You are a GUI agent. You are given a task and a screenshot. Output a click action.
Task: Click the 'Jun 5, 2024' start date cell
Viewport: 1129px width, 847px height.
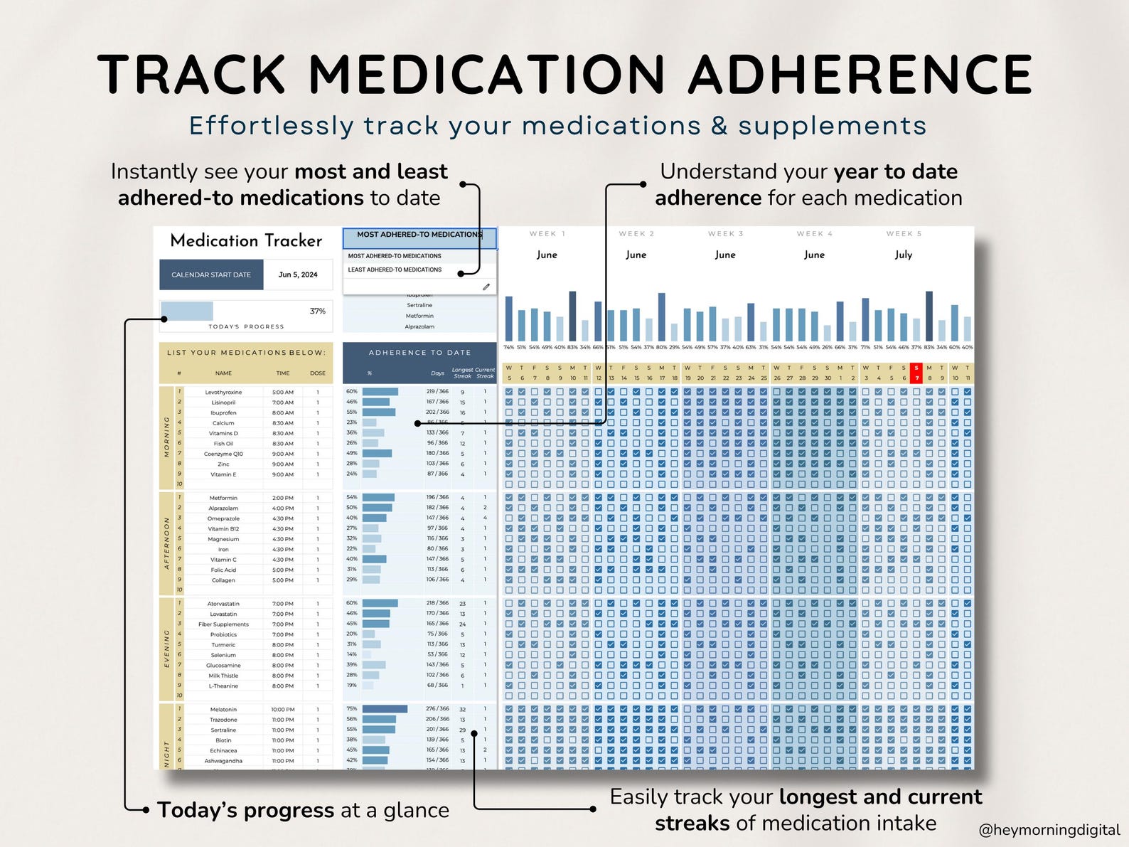coord(298,275)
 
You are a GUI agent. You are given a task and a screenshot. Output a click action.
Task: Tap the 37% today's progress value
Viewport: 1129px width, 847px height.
coord(318,311)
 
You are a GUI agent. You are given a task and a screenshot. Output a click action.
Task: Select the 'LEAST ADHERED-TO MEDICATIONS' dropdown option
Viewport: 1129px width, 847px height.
coord(395,270)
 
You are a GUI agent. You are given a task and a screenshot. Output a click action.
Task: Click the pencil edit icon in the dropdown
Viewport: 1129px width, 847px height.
coord(486,287)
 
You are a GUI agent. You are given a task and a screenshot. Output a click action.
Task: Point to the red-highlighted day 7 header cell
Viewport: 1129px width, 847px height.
coord(916,373)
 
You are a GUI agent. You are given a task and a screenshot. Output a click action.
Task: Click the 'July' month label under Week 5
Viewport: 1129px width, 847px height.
coord(903,255)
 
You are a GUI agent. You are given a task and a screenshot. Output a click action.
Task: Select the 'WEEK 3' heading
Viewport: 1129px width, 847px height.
coord(725,234)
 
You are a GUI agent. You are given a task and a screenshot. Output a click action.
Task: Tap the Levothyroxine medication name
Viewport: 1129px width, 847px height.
coord(223,392)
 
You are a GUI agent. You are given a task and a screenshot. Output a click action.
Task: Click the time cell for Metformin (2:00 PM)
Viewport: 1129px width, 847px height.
coord(282,498)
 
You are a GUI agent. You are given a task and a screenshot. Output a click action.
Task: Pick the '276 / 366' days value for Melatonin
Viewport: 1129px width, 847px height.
coord(437,708)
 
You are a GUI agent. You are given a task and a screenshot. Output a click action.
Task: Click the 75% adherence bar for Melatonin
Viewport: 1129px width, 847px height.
coord(385,708)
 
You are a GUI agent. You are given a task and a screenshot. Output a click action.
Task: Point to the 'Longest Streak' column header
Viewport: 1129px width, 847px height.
coord(462,373)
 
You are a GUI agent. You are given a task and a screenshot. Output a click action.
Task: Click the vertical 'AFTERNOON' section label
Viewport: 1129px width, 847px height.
coord(167,543)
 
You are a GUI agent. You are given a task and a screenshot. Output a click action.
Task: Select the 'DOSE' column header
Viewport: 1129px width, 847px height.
coord(318,373)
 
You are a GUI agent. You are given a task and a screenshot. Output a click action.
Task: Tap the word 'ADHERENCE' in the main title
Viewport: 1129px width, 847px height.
coord(860,75)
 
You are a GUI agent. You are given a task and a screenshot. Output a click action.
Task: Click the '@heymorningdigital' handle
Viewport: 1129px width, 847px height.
coord(1049,830)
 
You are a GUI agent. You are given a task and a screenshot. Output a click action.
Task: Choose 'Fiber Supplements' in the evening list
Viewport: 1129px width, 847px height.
coord(223,624)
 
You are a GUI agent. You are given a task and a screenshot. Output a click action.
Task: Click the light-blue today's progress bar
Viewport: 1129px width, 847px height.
coord(187,311)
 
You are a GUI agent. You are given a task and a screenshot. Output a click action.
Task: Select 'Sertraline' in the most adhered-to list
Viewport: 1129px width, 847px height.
coord(419,305)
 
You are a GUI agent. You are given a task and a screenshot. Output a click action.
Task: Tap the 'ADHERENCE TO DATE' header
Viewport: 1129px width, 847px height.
coord(419,353)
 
